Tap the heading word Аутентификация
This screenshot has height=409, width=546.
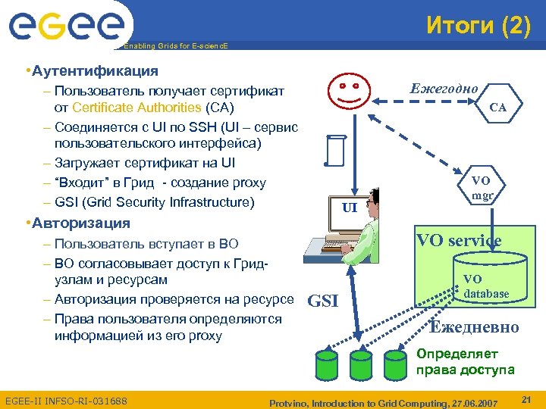tap(95, 71)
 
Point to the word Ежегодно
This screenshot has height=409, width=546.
tap(444, 88)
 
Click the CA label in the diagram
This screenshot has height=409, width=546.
tap(497, 108)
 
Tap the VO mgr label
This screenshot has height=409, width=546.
tap(482, 187)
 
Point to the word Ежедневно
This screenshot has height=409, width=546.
tap(474, 327)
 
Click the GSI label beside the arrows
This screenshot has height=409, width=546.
tap(323, 301)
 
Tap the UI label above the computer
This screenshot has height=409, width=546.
tap(350, 207)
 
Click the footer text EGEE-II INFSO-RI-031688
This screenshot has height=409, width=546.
tap(66, 400)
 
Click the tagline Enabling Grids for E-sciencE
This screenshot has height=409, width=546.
tap(175, 46)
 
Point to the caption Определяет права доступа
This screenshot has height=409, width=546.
tap(465, 361)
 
